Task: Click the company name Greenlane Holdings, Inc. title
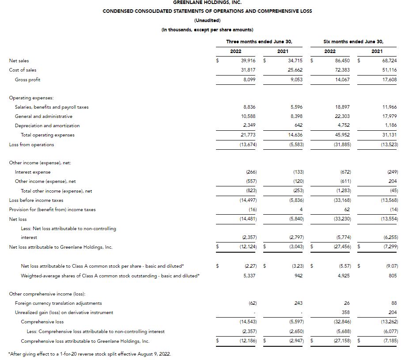click(207, 2)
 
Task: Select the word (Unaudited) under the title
click(207, 20)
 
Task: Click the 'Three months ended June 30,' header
click(259, 42)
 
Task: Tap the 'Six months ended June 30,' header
click(353, 42)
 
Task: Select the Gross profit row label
click(28, 80)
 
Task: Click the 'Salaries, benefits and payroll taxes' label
click(52, 107)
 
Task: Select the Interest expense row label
click(33, 172)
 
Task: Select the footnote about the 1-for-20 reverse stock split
click(90, 354)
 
